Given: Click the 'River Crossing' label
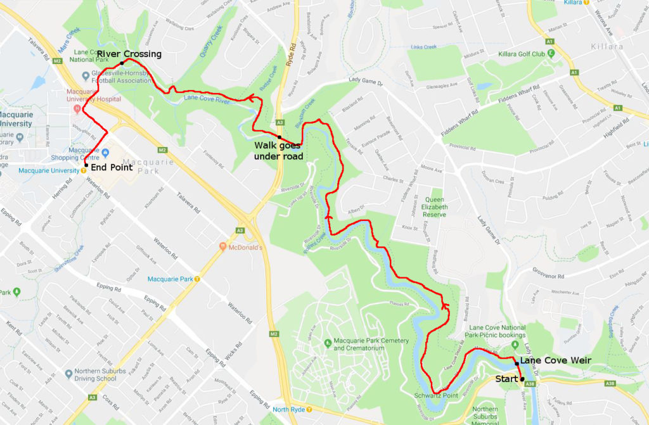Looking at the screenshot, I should [x=129, y=54].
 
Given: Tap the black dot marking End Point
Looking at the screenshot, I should [x=85, y=165].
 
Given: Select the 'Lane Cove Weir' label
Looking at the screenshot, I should [x=555, y=360].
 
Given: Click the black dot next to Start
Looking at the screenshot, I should [x=522, y=379].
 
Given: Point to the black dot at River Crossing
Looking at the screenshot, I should [x=122, y=63].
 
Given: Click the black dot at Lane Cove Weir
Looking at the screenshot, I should [x=517, y=364].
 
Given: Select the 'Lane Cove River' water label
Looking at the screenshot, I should [x=206, y=99].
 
